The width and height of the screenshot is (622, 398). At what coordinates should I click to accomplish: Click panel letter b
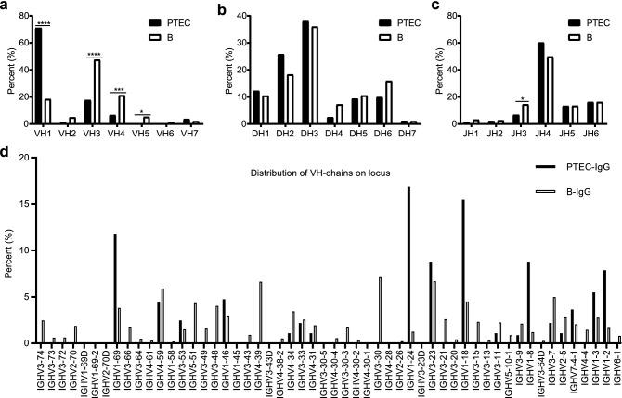coord(219,7)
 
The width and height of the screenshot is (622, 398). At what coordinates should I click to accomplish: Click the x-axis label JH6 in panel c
coord(593,133)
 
